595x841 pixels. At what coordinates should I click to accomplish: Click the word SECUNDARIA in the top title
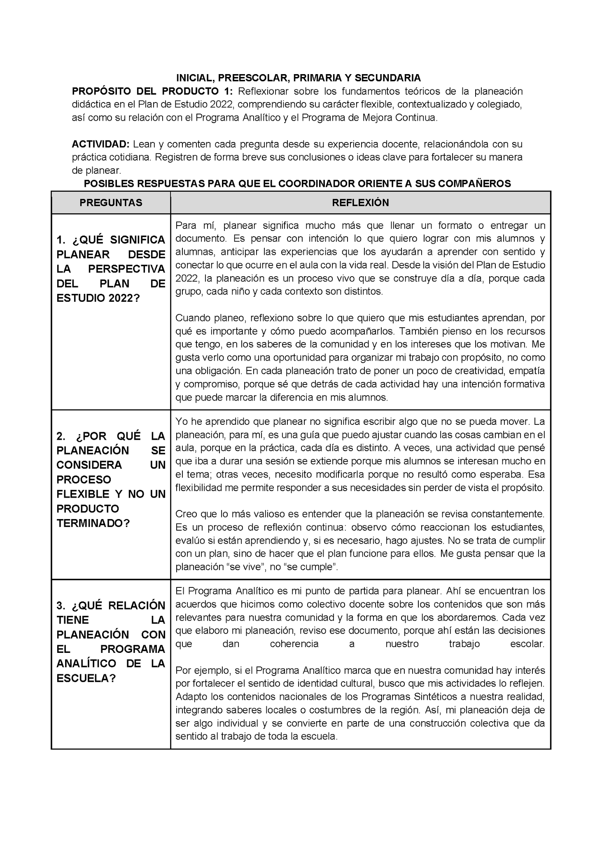[x=387, y=78]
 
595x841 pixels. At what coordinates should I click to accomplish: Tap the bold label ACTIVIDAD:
[x=101, y=144]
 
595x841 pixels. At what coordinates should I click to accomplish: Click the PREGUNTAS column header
[x=111, y=203]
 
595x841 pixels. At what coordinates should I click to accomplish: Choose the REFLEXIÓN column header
[x=360, y=203]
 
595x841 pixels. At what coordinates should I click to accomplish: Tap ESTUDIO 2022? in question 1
[x=98, y=298]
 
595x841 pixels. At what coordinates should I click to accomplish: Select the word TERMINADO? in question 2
[x=93, y=523]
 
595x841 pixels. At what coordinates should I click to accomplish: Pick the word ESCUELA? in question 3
[x=86, y=678]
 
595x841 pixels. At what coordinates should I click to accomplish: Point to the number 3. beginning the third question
[x=61, y=606]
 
